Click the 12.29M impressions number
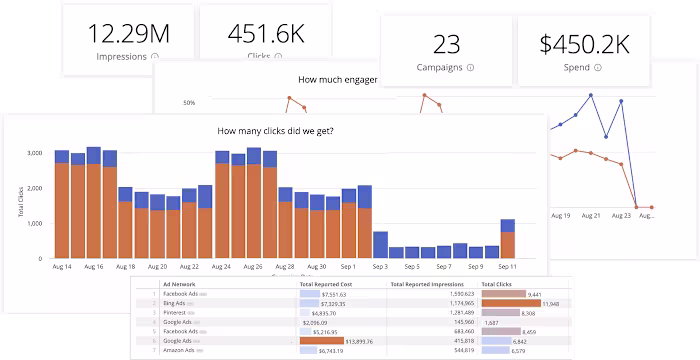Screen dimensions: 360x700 [129, 35]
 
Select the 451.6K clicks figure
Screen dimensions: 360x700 [267, 35]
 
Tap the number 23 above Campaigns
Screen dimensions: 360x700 [445, 44]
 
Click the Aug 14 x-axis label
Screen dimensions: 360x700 [62, 267]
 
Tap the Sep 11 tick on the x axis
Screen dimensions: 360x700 [507, 267]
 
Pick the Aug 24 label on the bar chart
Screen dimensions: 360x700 [222, 267]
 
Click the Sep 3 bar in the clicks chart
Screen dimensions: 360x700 [380, 245]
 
